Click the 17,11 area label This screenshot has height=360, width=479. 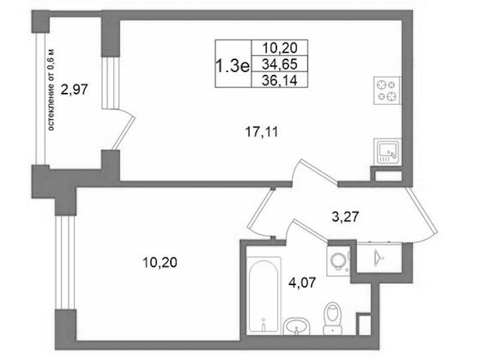click(262, 132)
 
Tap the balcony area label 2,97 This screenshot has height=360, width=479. click(74, 90)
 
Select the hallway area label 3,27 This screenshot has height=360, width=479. click(345, 217)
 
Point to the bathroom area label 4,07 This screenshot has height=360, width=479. click(302, 283)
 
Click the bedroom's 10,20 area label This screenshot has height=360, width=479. click(160, 262)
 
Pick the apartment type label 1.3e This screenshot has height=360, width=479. click(233, 66)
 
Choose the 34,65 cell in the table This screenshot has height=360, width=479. click(279, 64)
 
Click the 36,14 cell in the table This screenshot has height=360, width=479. click(279, 80)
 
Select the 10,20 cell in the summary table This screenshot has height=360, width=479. click(279, 48)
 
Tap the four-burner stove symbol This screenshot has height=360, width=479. click(387, 91)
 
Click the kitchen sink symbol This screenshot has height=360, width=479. click(387, 152)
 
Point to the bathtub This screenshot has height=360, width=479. click(264, 295)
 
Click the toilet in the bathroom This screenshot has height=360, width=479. click(333, 318)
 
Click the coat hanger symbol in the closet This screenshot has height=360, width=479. click(378, 257)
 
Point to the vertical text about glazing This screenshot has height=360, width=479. click(52, 89)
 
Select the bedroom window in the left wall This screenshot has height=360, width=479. click(65, 262)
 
